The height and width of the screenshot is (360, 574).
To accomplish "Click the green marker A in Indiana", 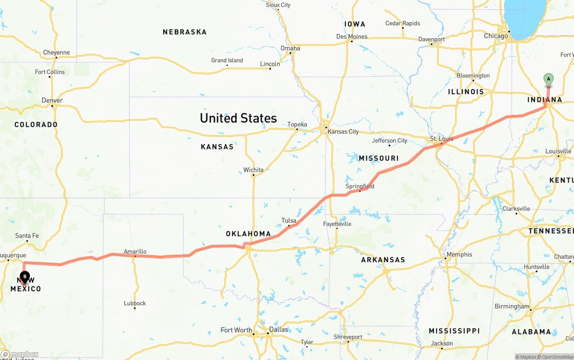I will point(548,79).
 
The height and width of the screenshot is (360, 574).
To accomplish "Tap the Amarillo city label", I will point(135,252).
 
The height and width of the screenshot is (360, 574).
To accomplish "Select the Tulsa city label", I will point(289,220).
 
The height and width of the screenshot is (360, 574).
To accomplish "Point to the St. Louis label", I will point(442,139).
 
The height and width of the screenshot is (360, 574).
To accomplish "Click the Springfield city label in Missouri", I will point(360,186).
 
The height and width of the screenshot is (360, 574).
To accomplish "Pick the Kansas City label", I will point(343,131).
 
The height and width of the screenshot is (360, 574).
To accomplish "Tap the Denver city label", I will point(52,100).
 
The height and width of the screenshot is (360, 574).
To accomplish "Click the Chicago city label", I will point(496,36).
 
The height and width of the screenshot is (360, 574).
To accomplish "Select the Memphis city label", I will point(459,254).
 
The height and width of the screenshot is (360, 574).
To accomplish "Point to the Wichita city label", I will point(253,170).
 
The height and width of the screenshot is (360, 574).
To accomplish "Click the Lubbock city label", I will point(135,303).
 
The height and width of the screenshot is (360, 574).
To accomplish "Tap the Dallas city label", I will point(278,329).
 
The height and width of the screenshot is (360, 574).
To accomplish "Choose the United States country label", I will point(238,118).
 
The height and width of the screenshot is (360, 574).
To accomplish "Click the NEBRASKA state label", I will point(185,32).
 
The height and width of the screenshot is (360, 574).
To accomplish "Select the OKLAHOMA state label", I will point(248,234).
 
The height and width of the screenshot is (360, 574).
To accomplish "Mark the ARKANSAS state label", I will point(383,260).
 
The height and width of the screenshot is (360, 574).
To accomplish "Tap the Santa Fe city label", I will point(27,235).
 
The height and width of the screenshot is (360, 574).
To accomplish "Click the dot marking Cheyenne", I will point(57,57).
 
